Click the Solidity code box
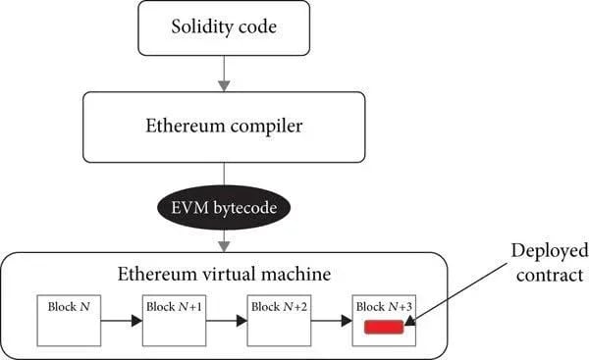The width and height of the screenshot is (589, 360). coord(224,28)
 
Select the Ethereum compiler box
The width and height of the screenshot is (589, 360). coord(224,128)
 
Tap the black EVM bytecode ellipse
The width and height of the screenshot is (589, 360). coord(224,208)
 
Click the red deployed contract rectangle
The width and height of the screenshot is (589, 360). coord(384,327)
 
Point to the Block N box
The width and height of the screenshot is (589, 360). coord(69,321)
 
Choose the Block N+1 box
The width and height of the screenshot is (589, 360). coord(175,321)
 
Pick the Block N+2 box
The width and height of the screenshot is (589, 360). coord(279,321)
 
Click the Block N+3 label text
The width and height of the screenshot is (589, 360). coord(384,307)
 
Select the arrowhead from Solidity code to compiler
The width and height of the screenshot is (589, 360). coord(224,86)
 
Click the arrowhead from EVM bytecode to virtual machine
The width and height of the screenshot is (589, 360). coord(224,246)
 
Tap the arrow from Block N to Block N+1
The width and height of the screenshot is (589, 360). coord(122,321)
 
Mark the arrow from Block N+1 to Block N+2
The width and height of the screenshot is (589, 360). coord(227,321)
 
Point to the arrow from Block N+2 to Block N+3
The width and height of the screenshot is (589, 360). coord(332,321)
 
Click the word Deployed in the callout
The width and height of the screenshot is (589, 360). coord(550,251)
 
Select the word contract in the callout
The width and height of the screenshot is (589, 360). coord(550,276)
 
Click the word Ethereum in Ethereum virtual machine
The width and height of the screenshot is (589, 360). coord(157,274)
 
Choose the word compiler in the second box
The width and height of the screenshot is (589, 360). coord(266,127)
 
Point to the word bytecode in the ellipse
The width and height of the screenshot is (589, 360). coord(244,208)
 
